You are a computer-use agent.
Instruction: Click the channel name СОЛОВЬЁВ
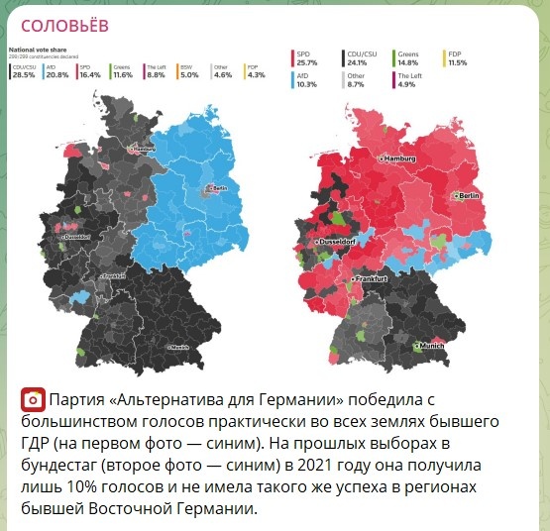(64, 26)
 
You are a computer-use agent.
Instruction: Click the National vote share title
(37, 48)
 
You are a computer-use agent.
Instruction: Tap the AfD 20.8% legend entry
(56, 71)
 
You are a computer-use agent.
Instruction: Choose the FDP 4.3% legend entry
(256, 71)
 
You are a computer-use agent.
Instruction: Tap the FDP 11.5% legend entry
(456, 58)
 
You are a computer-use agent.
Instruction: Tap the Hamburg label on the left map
(145, 150)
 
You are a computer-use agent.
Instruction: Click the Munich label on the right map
(431, 346)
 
